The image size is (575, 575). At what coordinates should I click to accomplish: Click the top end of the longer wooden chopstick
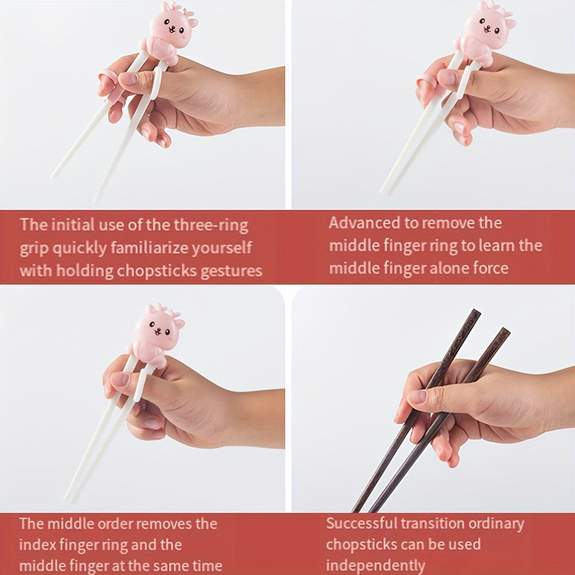point(476,312)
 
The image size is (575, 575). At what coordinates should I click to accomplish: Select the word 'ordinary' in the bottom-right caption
point(495,524)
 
